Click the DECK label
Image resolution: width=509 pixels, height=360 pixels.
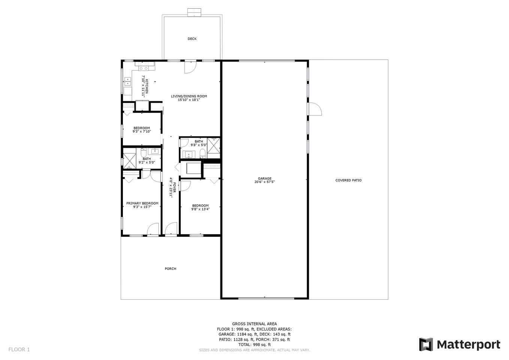coord(192,39)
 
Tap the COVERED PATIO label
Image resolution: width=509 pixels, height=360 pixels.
coord(348,180)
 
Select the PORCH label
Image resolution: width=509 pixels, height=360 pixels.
coord(171,268)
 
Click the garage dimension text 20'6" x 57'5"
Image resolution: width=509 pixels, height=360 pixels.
coord(265,182)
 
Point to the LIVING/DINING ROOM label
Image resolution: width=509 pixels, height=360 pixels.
coord(189,96)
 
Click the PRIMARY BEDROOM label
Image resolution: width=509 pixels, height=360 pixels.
coord(142,203)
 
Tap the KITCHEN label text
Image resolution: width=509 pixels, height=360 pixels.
coord(147,86)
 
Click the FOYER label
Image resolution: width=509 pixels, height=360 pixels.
coord(174,187)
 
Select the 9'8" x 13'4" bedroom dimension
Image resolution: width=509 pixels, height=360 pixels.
coord(201,209)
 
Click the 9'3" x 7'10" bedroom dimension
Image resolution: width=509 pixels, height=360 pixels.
coord(142,131)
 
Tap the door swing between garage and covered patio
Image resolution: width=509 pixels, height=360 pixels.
coord(315,109)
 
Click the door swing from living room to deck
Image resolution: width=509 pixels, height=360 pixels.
coord(190,67)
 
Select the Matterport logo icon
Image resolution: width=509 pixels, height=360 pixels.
coord(426,345)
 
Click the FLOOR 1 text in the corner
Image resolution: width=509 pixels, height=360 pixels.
coord(19,349)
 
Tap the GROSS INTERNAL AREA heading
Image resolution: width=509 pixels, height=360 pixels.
coord(254,324)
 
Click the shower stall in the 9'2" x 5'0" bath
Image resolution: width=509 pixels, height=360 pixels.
coord(129,159)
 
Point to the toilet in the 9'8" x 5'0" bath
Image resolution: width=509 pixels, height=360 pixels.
coord(203,154)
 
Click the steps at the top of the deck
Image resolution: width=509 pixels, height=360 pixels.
coord(194,12)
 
